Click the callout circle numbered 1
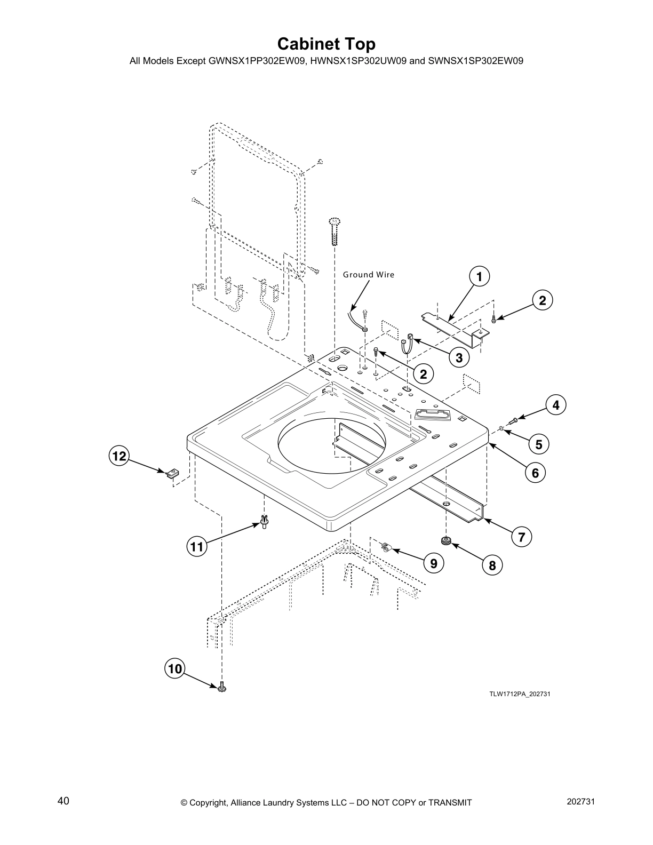(x=479, y=276)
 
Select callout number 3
(x=459, y=357)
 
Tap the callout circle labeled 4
(x=555, y=405)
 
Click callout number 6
(x=535, y=472)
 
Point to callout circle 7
(x=521, y=537)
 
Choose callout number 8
(x=492, y=565)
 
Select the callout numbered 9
(x=433, y=563)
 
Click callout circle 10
(x=175, y=669)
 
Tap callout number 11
(x=197, y=546)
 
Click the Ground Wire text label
(x=368, y=275)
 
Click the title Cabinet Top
(x=326, y=44)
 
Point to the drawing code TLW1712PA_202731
(x=520, y=694)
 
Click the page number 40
(x=63, y=801)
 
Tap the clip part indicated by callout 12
(x=172, y=473)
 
